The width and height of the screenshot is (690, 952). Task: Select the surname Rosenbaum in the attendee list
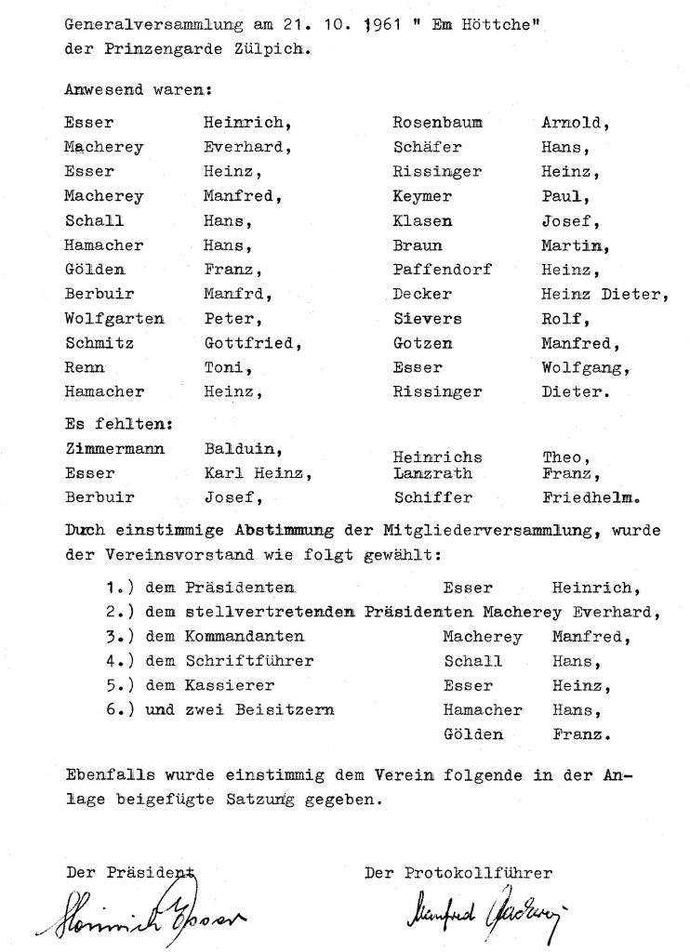pos(437,123)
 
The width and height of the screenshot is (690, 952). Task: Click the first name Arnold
pos(572,123)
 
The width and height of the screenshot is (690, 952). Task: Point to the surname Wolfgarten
pos(114,319)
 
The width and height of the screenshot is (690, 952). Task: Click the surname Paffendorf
pos(442,270)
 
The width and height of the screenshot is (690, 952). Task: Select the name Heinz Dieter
pos(604,294)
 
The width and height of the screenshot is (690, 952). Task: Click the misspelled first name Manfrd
pos(237,295)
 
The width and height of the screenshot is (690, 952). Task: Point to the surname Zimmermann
pos(114,448)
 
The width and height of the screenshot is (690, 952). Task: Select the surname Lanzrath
pos(432,473)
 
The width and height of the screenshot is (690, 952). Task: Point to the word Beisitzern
pos(291,710)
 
